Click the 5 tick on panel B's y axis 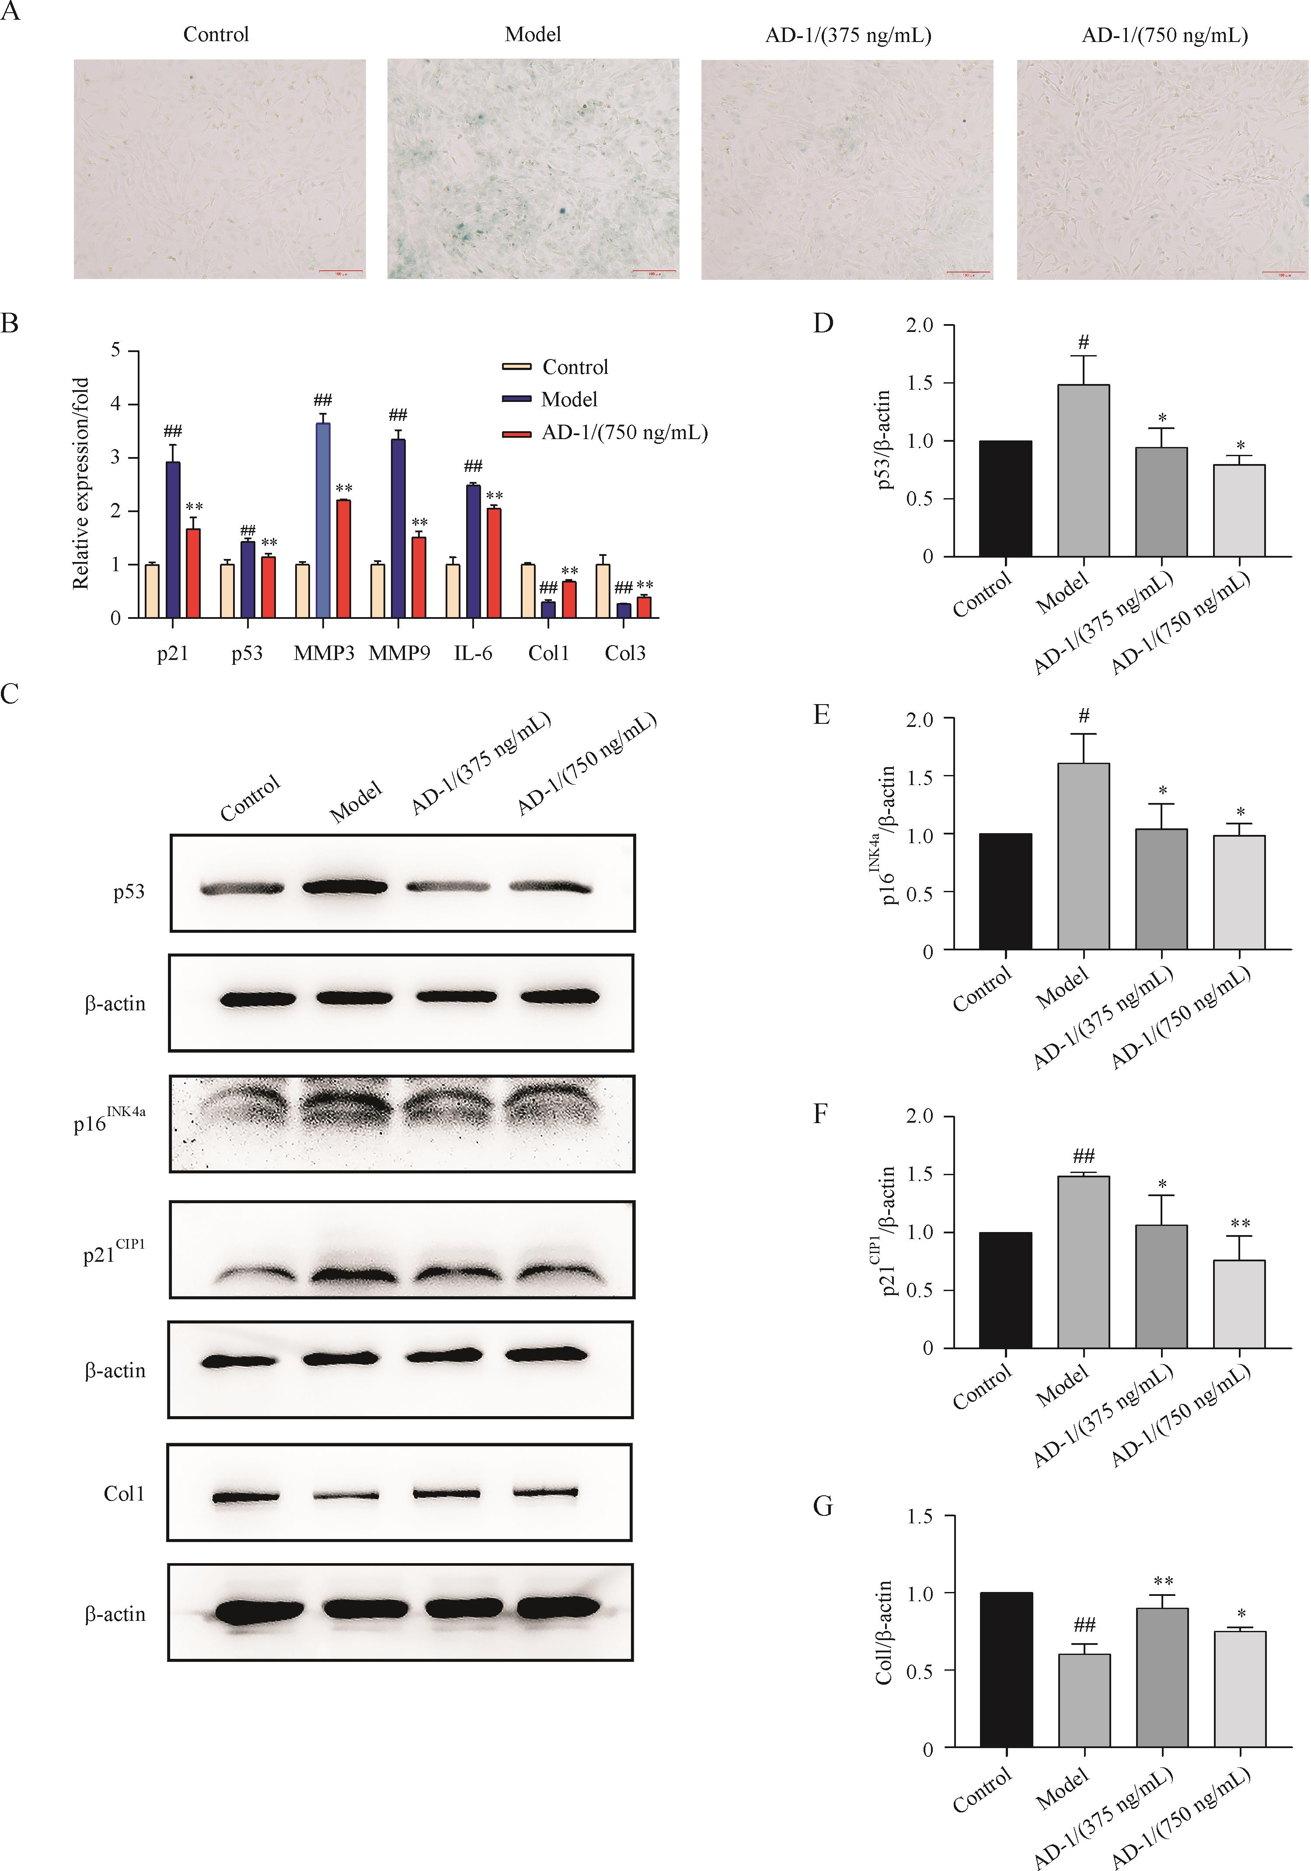point(116,350)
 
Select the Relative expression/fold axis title point(80,483)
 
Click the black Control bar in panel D point(1005,499)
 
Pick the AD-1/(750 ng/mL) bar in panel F point(1239,1304)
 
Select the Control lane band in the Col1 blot point(244,1497)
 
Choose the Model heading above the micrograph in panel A point(533,34)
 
